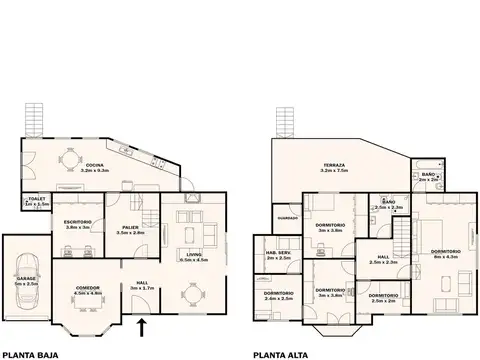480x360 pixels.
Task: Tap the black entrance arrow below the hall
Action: point(141,325)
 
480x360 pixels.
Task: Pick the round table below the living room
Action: point(192,294)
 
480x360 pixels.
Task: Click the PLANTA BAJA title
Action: point(33,353)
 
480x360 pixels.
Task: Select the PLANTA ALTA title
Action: point(281,353)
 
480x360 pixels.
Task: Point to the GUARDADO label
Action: point(288,217)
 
